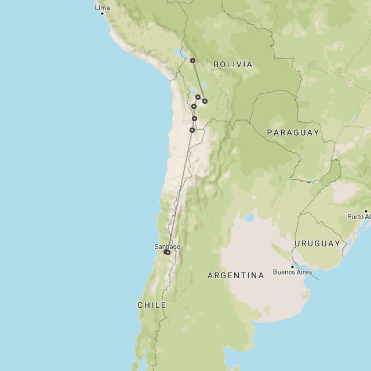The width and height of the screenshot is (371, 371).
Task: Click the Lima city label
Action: pyautogui.click(x=102, y=8)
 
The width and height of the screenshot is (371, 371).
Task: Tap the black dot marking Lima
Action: pyautogui.click(x=102, y=13)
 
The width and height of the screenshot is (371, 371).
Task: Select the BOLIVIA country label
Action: pyautogui.click(x=233, y=64)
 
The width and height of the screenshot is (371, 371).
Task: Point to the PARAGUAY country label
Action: pyautogui.click(x=293, y=133)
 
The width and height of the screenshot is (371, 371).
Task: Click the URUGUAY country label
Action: pyautogui.click(x=317, y=243)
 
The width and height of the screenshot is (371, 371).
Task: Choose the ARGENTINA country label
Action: pyautogui.click(x=236, y=275)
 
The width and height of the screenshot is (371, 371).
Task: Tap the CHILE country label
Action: pyautogui.click(x=152, y=305)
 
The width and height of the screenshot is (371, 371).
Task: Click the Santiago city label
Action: pyautogui.click(x=167, y=246)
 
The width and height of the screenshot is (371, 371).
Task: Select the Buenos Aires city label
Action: pyautogui.click(x=292, y=272)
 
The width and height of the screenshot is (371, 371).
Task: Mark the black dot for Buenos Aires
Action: pyautogui.click(x=292, y=267)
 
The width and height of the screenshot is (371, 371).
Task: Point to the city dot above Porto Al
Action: pyautogui.click(x=366, y=212)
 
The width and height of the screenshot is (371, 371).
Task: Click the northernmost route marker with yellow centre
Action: pyautogui.click(x=192, y=60)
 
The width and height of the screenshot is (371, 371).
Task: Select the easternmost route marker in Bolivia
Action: pyautogui.click(x=205, y=101)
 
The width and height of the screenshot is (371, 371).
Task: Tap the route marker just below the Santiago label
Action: pyautogui.click(x=167, y=252)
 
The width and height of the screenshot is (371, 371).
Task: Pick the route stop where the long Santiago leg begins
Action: pyautogui.click(x=192, y=130)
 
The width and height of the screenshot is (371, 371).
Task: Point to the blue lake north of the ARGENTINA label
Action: pyautogui.click(x=249, y=218)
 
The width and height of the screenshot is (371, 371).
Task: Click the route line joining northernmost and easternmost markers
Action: pyautogui.click(x=198, y=81)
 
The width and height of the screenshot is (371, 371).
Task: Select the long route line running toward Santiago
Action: pyautogui.click(x=180, y=191)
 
